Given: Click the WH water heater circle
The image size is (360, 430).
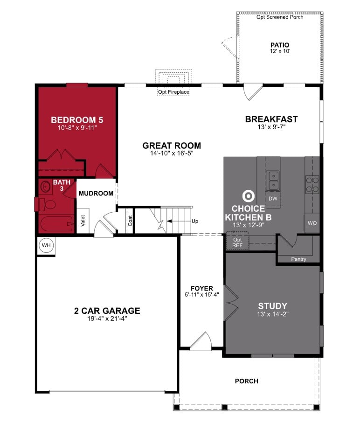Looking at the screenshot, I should click(x=46, y=245).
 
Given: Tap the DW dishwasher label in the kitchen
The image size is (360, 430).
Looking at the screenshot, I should click(x=273, y=199).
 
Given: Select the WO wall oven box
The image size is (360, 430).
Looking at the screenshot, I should click(x=312, y=223).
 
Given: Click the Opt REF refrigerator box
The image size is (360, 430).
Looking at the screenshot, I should click(x=237, y=243).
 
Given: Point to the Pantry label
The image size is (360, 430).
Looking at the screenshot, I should click(x=298, y=259).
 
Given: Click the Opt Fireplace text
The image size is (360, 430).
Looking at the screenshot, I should click(x=173, y=92).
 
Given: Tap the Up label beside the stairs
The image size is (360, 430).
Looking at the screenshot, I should click(x=194, y=221).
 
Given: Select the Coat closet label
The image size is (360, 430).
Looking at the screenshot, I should click(x=130, y=220).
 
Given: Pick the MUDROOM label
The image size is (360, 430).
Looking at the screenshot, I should click(x=96, y=193).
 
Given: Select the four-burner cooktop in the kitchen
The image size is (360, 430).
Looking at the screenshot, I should click(x=312, y=184).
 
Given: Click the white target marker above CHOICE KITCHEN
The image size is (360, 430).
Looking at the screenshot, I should click(x=247, y=196).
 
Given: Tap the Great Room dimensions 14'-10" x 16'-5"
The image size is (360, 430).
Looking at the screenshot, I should click(x=172, y=153).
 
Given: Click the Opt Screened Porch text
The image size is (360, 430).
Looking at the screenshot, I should click(x=280, y=17).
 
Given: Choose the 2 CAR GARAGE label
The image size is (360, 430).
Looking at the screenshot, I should click(x=107, y=311).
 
